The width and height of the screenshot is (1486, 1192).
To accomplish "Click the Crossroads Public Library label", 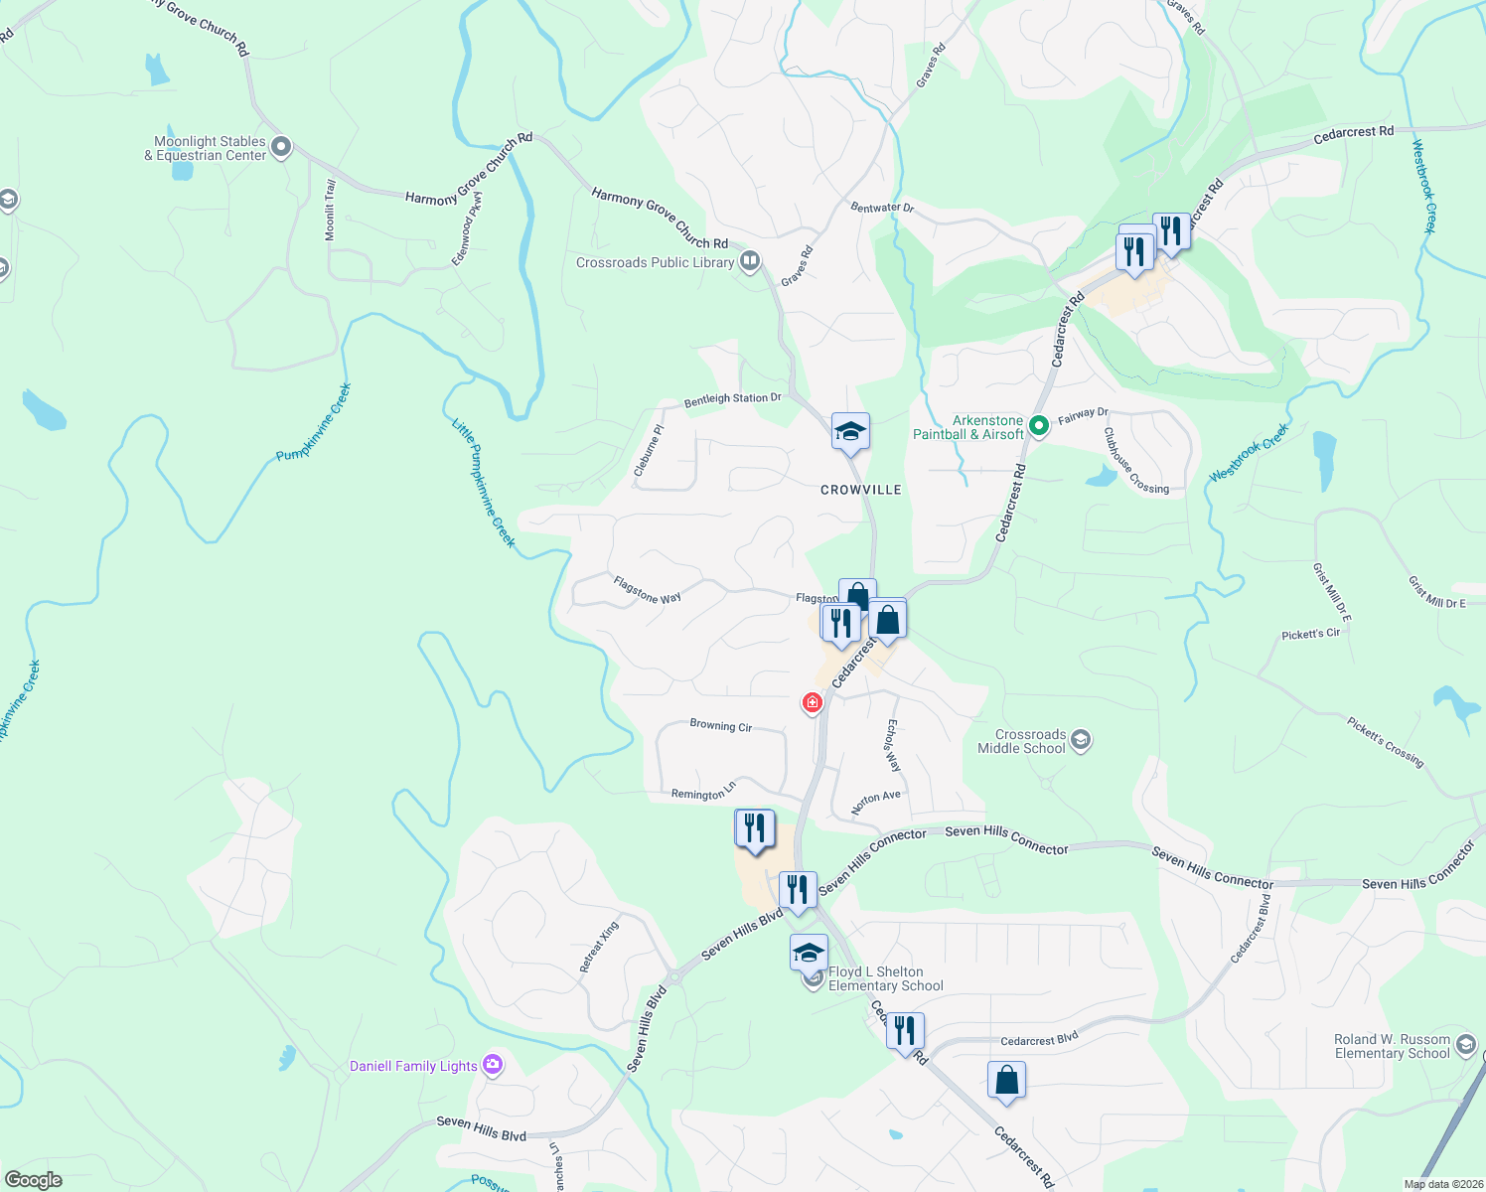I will click(655, 263).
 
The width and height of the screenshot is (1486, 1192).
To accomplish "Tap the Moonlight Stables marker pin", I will click(281, 148).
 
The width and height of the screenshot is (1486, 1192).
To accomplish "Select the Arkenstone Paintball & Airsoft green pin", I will click(1039, 426).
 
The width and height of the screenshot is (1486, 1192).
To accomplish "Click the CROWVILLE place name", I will click(860, 490).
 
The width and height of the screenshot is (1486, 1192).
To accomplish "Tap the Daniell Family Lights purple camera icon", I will click(493, 1066).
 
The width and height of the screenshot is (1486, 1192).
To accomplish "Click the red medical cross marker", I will click(813, 703).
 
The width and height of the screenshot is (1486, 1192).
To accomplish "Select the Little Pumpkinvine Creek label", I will click(484, 484).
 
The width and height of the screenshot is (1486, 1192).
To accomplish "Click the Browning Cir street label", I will click(720, 726).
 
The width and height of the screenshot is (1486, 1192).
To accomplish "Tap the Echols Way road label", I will click(893, 746).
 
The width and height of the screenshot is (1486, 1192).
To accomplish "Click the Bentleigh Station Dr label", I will click(732, 399).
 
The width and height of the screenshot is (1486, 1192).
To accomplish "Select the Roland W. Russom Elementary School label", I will click(1392, 1047).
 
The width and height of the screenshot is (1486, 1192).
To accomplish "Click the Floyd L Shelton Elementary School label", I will click(886, 979).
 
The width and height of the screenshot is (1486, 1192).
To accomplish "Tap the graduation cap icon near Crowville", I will click(850, 432).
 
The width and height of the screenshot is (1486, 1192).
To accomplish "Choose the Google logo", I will click(34, 1180).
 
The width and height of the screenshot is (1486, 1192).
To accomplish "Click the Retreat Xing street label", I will click(599, 947).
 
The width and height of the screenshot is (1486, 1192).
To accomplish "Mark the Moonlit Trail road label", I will click(331, 211).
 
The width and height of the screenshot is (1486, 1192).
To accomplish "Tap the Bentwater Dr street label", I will click(881, 208).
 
